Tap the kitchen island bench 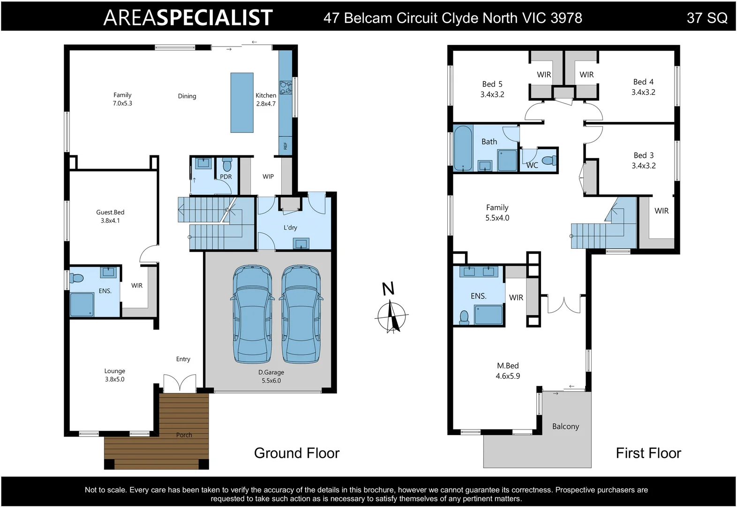tap(242, 103)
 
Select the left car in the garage tap(252, 314)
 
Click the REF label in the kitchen tap(286, 146)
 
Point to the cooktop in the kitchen tap(286, 87)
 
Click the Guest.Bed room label tap(110, 212)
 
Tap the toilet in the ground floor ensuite tap(76, 278)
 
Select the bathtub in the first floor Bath tap(463, 147)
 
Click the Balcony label tap(565, 426)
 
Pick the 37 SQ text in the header tap(707, 18)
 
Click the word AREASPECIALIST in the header tap(188, 18)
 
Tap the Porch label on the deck tap(184, 435)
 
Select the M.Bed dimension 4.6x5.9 tap(508, 376)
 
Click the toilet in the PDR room tap(227, 164)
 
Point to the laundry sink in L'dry tap(301, 244)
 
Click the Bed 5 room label tap(492, 84)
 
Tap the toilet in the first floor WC tap(550, 160)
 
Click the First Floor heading tap(648, 453)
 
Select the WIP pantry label tap(268, 177)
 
